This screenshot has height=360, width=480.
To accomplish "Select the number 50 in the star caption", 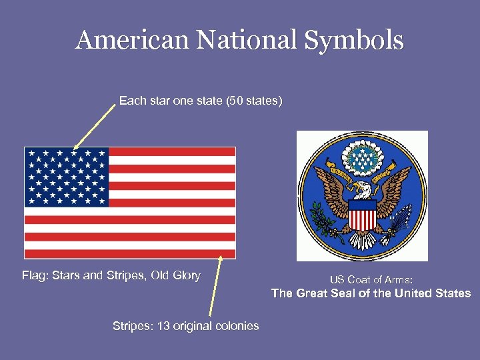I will click(x=235, y=101).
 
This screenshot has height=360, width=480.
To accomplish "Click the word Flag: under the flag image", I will click(x=35, y=275).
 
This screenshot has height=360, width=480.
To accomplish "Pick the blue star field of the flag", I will click(x=67, y=177).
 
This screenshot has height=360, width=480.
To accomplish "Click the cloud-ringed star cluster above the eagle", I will click(x=362, y=157).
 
